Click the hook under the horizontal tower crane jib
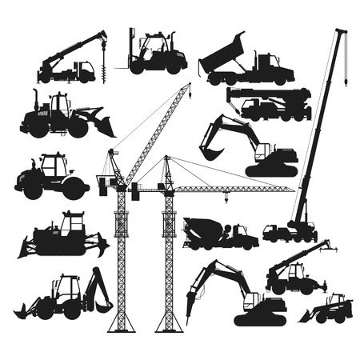(x=227, y=198)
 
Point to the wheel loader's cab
(x=58, y=104)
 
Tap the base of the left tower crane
(x=121, y=324)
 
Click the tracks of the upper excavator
(x=272, y=170)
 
